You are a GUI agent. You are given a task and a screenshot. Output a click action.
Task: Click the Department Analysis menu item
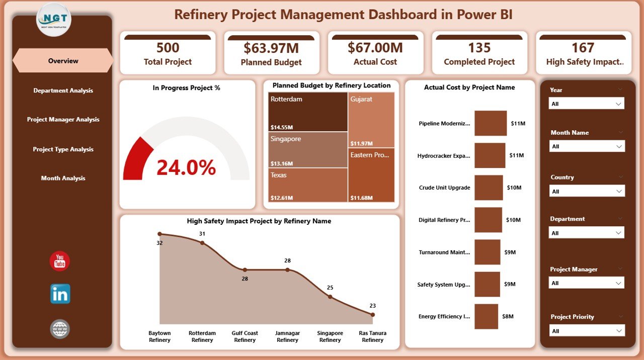[x=63, y=91]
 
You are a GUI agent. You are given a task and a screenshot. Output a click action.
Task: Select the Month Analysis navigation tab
[x=63, y=178]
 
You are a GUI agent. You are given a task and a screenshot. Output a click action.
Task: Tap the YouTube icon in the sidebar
[x=60, y=261]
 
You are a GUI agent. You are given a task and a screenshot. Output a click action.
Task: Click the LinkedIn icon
[x=60, y=294]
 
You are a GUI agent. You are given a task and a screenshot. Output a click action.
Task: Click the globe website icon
[x=60, y=329]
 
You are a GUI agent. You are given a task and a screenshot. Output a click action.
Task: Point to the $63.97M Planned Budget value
[x=271, y=48]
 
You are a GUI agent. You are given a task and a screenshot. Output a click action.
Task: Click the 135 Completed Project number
[x=479, y=48]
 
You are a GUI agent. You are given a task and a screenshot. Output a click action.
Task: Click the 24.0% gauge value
[x=186, y=167]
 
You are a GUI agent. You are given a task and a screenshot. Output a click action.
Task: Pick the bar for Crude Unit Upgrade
[x=489, y=188]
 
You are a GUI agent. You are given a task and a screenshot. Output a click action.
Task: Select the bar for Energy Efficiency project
[x=486, y=316]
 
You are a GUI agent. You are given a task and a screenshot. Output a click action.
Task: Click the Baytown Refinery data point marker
[x=160, y=234]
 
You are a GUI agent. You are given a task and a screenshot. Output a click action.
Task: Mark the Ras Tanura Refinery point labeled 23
[x=373, y=315]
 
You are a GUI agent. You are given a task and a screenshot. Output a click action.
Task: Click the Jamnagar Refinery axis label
[x=287, y=336]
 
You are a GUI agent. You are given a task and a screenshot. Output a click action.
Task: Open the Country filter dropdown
[x=587, y=192]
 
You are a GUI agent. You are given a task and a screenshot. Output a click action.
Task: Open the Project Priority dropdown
[x=587, y=331]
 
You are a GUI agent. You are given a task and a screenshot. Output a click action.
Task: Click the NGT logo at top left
[x=54, y=20]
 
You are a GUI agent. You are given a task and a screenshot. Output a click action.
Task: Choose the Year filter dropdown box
[x=587, y=104]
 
